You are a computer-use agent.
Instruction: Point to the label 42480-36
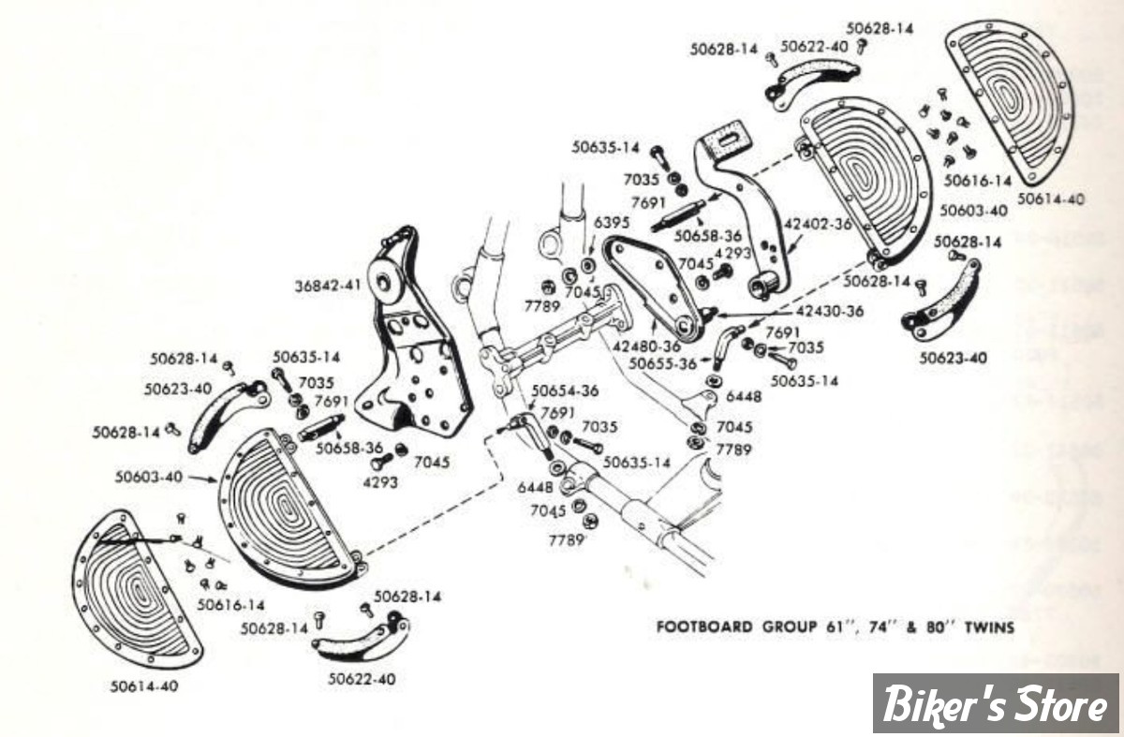click(647, 346)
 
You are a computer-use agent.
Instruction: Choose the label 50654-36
click(565, 391)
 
